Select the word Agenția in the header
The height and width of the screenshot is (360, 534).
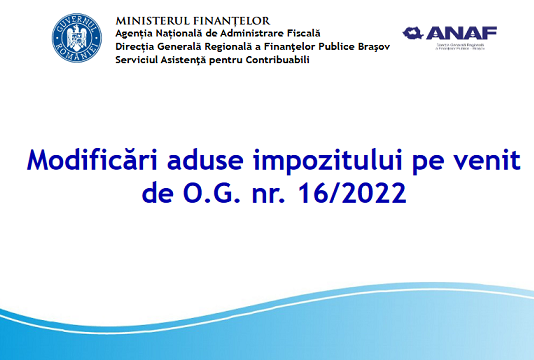pyautogui.click(x=135, y=33)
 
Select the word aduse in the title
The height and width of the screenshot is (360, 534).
pyautogui.click(x=197, y=160)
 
